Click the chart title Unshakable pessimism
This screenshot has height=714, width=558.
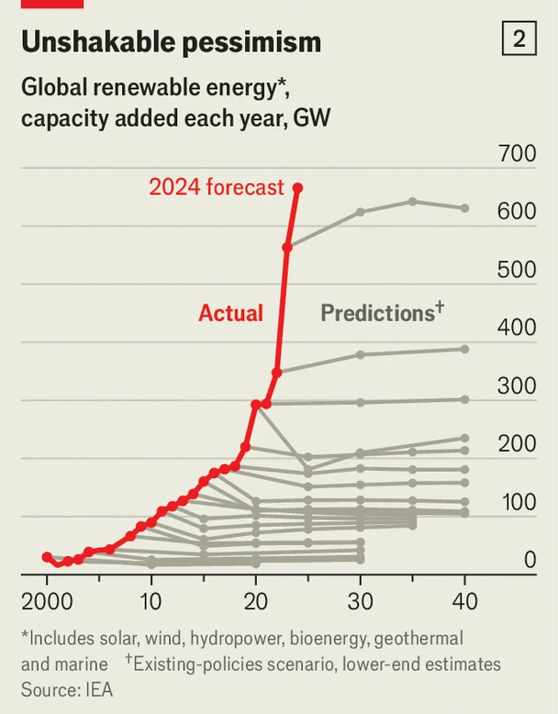[171, 41]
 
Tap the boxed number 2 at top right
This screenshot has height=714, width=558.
[519, 39]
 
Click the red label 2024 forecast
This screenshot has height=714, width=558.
[217, 187]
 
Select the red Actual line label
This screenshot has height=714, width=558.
[230, 313]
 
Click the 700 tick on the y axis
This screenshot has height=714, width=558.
[517, 153]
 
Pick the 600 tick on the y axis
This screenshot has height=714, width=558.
[517, 212]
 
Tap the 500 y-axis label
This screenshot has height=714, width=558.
[517, 270]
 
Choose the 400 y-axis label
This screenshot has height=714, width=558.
[517, 328]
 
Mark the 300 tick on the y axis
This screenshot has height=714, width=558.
[517, 385]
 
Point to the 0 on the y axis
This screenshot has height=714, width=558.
[530, 560]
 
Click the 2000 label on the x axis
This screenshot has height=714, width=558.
[47, 602]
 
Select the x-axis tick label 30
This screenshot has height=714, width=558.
[361, 602]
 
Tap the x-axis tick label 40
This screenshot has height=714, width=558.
[465, 602]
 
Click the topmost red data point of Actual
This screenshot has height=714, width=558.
[297, 187]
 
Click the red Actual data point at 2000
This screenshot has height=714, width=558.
[47, 557]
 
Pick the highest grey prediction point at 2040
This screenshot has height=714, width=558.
[465, 208]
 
